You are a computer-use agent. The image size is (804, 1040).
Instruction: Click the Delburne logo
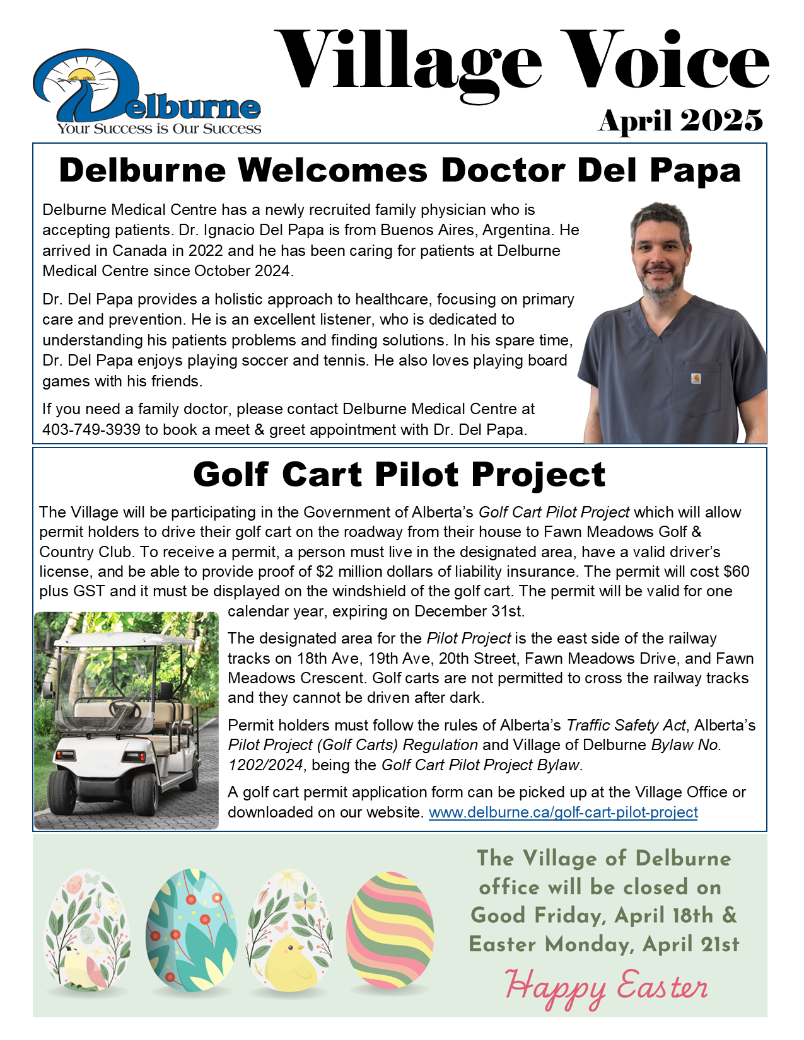(x=146, y=91)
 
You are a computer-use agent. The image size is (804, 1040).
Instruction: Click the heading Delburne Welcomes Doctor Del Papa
(x=399, y=170)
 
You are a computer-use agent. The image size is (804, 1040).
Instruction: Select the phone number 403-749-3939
(x=91, y=430)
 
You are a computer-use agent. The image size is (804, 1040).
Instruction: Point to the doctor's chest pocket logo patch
(x=696, y=379)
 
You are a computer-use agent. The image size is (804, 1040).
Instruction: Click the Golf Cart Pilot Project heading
(x=399, y=474)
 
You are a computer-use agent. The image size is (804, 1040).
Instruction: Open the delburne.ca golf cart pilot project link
(x=563, y=812)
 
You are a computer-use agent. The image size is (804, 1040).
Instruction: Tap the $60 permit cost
(x=737, y=572)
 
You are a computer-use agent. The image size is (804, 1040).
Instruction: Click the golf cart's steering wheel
(x=125, y=708)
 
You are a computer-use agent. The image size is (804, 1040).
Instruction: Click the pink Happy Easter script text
(x=607, y=988)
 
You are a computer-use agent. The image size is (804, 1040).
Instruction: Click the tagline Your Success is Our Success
(x=159, y=129)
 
